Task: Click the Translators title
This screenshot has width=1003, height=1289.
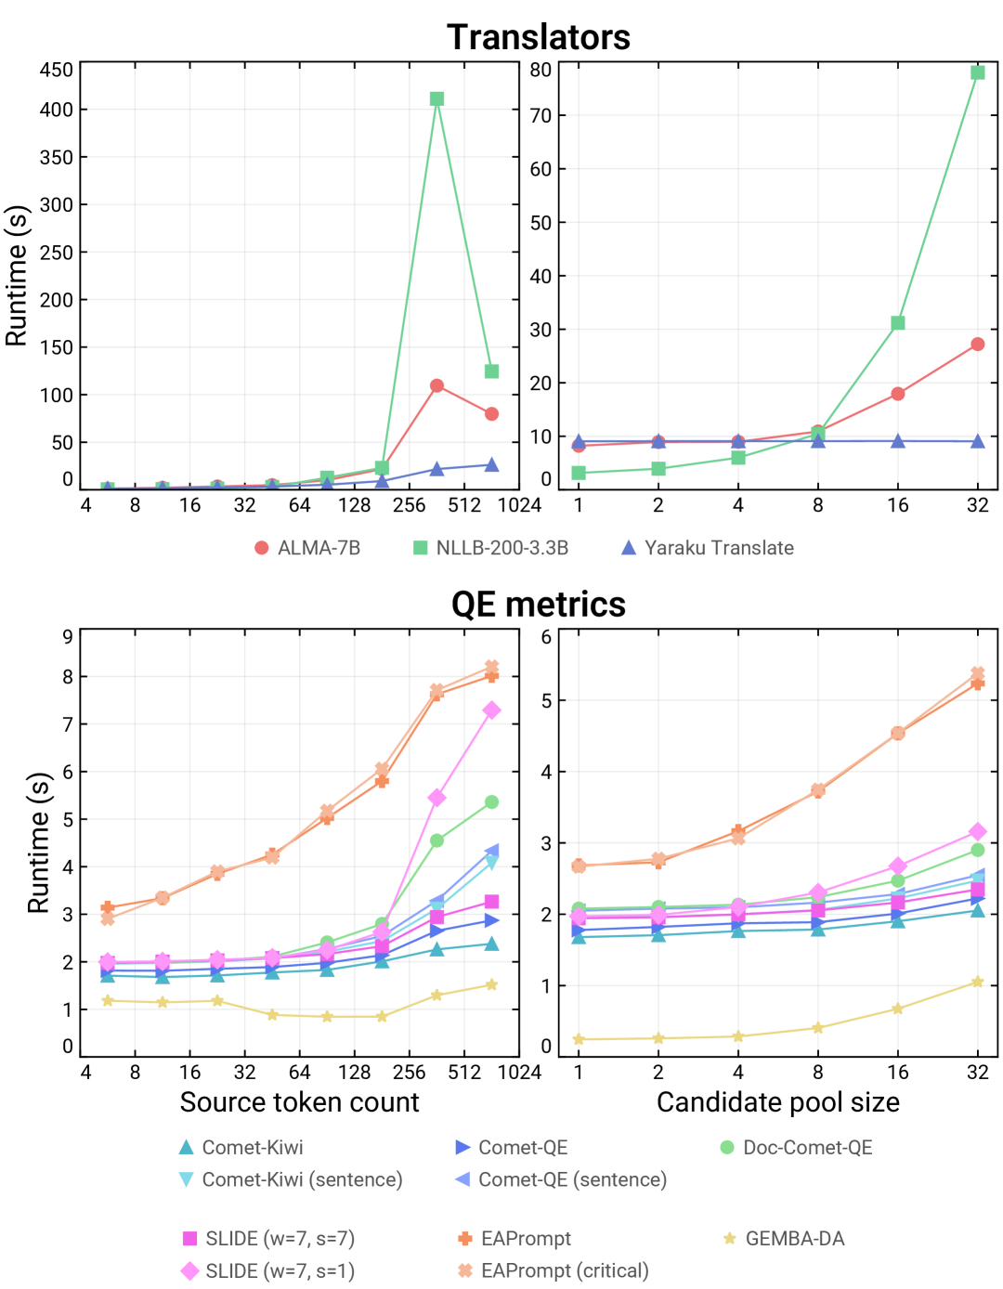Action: coord(539,37)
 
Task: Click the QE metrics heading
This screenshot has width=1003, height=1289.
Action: coord(539,605)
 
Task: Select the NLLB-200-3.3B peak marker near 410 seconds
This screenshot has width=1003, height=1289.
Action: coord(436,98)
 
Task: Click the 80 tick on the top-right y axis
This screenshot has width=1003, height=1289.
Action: coord(541,70)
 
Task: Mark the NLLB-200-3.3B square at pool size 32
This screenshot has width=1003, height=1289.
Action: coord(978,72)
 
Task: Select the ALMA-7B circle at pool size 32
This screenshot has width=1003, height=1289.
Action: coord(978,344)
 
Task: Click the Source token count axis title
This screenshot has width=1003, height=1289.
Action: coord(299,1102)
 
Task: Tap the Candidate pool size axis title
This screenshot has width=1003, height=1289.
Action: coord(778,1102)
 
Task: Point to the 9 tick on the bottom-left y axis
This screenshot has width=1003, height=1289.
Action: coord(67,636)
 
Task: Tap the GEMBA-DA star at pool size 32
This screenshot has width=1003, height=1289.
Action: coord(978,982)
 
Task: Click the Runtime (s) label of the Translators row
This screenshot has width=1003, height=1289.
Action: coord(17,276)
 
